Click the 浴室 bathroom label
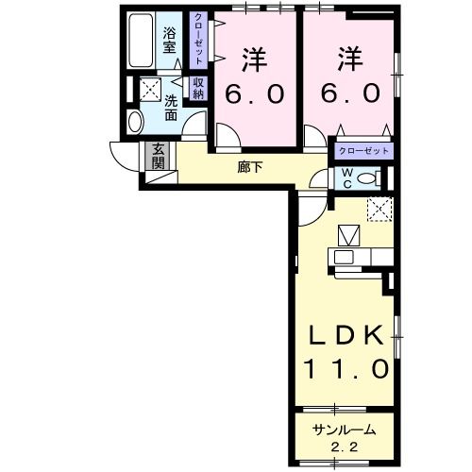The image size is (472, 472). pos(170,39)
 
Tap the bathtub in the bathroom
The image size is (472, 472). pos(142,43)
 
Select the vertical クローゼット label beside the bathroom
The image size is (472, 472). pos(199,38)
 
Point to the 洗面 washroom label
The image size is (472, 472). pos(171,108)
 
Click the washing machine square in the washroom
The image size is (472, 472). pos(149,90)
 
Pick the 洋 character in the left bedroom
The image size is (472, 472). pos(253,59)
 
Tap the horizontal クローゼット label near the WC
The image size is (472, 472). pos(361,151)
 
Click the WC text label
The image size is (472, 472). pos(347,177)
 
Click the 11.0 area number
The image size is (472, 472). pos(346,367)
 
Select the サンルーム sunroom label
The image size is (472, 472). pos(344,430)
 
